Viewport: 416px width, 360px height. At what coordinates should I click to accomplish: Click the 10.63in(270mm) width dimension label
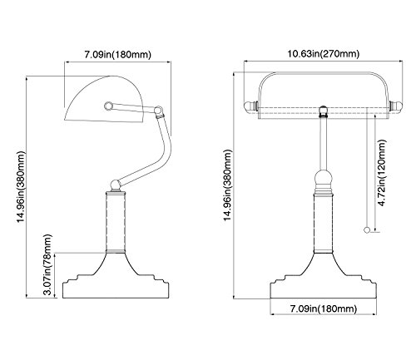pos(323,53)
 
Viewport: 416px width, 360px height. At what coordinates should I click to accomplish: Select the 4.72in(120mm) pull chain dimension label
pos(382,173)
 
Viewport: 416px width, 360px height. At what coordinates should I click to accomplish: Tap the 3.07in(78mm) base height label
pos(47,265)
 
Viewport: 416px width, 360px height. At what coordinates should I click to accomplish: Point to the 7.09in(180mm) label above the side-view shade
pos(118,54)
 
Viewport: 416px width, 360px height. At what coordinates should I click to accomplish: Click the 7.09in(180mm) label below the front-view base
pos(324,308)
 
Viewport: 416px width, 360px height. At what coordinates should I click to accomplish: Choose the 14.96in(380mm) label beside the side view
pos(22,186)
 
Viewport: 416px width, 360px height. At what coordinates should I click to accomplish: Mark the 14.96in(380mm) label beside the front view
pos(228,185)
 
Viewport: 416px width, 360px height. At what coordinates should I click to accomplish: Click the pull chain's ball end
pos(367,229)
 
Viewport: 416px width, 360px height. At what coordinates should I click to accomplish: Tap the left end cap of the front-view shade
pos(251,106)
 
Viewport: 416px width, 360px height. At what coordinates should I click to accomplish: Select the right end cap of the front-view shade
pos(396,106)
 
